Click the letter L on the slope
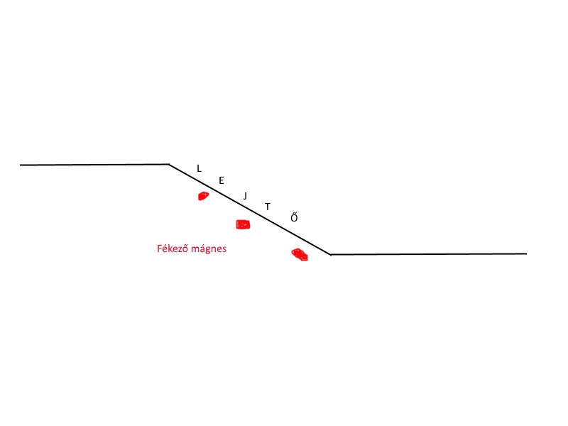(199, 168)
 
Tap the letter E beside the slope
(222, 180)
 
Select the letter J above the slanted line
(245, 196)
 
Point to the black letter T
(268, 207)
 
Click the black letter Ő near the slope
(294, 217)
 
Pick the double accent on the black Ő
(295, 214)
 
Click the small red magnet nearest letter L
(203, 196)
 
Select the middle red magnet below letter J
(243, 224)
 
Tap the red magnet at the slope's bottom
(300, 254)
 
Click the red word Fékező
(173, 248)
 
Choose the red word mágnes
(209, 249)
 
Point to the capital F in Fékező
(159, 249)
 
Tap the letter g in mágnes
(207, 251)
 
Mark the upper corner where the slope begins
(169, 165)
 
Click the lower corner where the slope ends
(331, 255)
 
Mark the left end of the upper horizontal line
(21, 165)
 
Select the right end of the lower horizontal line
(526, 253)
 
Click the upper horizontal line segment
(94, 165)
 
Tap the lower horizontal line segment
(429, 254)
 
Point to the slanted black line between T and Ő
(281, 227)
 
